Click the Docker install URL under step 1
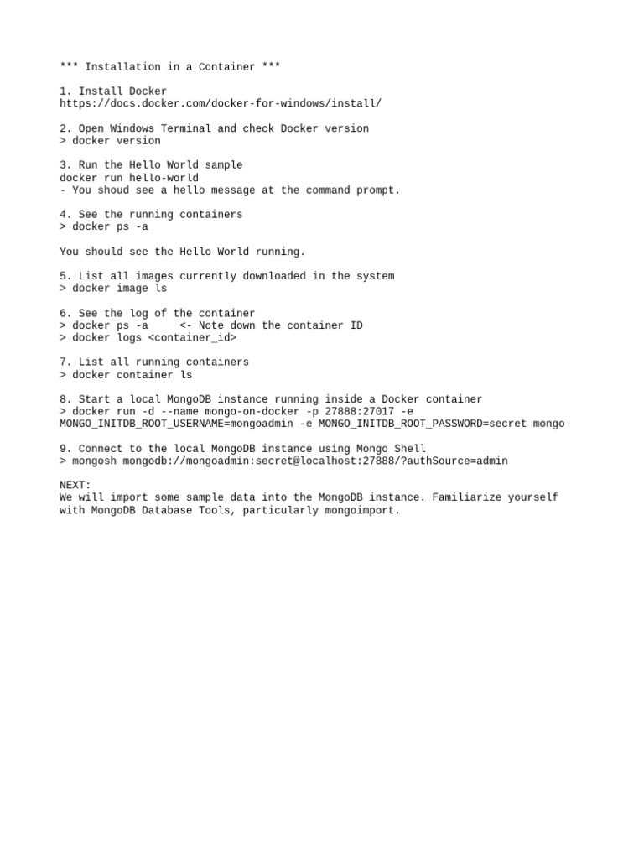click(x=221, y=104)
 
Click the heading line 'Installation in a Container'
click(x=170, y=67)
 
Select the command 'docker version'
click(x=117, y=141)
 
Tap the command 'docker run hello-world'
click(x=129, y=178)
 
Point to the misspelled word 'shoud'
click(x=113, y=190)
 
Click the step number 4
click(x=64, y=215)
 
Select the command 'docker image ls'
click(x=120, y=289)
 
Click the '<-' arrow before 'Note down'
click(x=185, y=325)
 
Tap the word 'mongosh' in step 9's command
click(x=94, y=461)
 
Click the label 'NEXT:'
click(x=75, y=486)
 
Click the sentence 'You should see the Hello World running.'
click(x=183, y=252)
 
